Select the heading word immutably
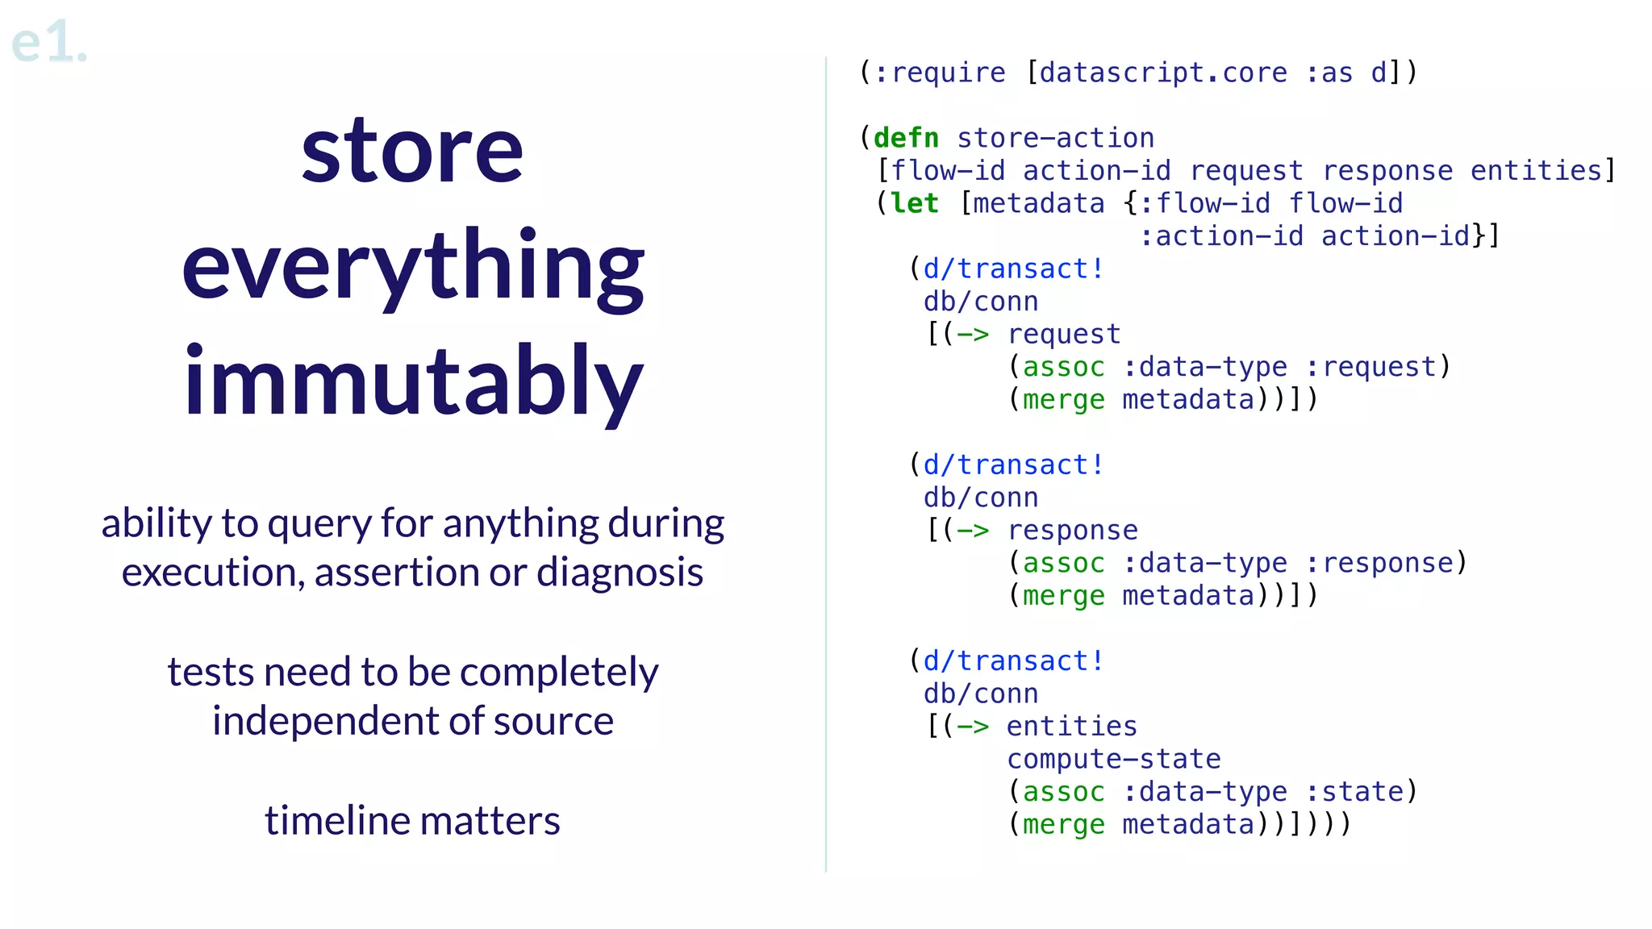coord(412,381)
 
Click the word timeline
coord(338,821)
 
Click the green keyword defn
coord(906,138)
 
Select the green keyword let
coord(914,203)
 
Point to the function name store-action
coord(1055,138)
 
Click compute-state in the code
coord(1113,759)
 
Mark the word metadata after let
coord(1038,203)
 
